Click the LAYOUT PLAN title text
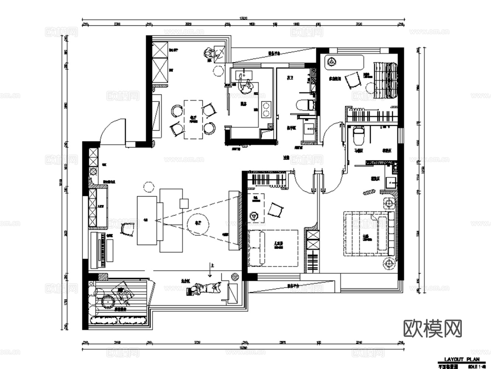(461, 359)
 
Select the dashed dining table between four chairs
(193, 119)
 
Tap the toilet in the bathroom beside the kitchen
(305, 105)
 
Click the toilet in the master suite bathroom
(358, 135)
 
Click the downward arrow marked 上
(210, 272)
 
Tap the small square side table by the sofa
(184, 203)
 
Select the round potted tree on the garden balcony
(108, 301)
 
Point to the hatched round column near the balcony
(234, 276)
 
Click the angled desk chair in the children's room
(276, 210)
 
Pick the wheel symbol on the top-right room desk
(331, 62)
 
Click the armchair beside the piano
(127, 229)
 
